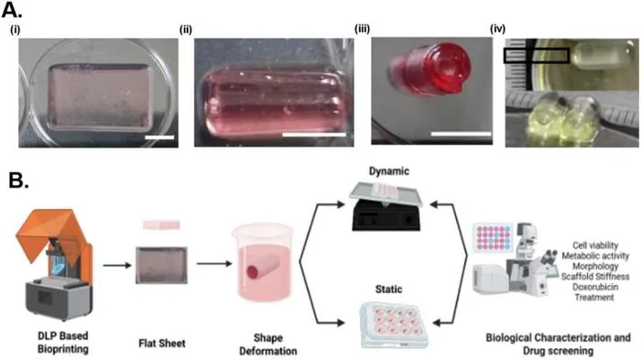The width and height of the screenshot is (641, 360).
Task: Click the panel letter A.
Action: coord(11,10)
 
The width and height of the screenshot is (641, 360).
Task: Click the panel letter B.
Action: coord(18,180)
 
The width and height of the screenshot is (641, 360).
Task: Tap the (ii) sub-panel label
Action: coord(186,30)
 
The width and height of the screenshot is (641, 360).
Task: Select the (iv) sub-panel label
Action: coord(497,28)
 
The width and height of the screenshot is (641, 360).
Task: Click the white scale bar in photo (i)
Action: coord(159,137)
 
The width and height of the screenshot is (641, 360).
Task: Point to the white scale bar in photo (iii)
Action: coord(461,134)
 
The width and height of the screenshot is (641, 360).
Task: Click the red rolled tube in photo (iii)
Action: coord(429,67)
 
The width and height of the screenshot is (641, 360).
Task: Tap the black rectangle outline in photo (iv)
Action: coord(537,56)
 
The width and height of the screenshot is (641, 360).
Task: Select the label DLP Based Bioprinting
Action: coord(63,343)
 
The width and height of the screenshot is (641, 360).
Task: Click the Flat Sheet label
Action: coord(162,344)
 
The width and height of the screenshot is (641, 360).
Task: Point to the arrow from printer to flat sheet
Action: coord(117,266)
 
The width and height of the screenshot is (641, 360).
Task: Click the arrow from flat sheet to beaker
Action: coord(213,264)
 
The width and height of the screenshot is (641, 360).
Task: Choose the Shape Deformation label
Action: coord(268,344)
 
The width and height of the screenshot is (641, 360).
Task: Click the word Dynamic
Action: coord(389,171)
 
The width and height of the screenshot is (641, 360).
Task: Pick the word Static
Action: coord(388,289)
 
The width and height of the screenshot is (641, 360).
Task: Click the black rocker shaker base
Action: coord(386,216)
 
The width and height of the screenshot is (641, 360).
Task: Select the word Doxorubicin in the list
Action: coord(595,287)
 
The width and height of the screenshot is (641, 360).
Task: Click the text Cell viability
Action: coord(595,245)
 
